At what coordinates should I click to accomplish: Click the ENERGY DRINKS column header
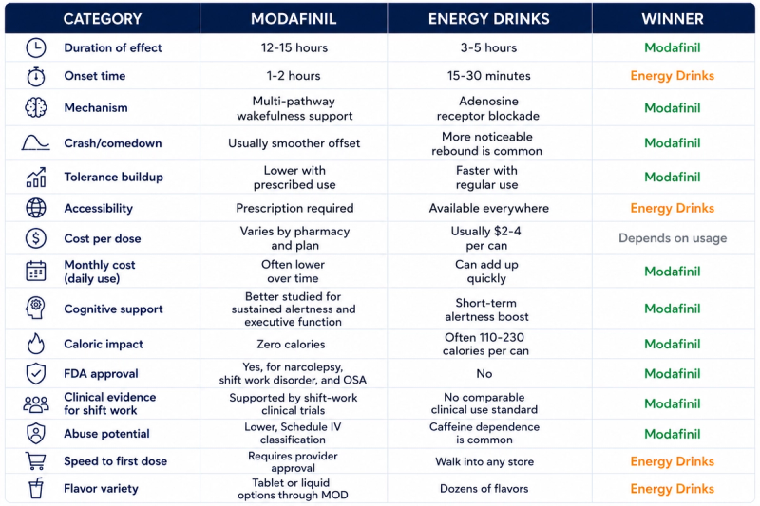[x=488, y=19]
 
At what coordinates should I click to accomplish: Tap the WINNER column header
[x=673, y=19]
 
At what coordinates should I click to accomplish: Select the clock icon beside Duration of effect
[x=36, y=47]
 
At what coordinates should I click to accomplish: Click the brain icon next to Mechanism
[x=36, y=107]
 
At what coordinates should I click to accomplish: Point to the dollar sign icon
[x=36, y=238]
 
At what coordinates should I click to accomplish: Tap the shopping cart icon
[x=36, y=461]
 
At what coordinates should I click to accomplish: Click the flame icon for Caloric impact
[x=36, y=344]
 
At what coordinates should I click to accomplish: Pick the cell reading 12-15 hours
[x=294, y=47]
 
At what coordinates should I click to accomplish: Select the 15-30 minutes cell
[x=488, y=76]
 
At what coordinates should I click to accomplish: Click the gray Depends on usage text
[x=673, y=237]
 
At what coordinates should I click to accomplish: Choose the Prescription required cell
[x=294, y=208]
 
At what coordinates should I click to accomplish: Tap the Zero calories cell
[x=291, y=344]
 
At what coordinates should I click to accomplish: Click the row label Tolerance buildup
[x=113, y=177]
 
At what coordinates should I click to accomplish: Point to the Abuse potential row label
[x=106, y=433]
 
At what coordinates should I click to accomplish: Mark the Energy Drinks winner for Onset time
[x=673, y=76]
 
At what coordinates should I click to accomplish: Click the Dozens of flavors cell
[x=484, y=489]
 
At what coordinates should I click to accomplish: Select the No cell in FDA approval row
[x=484, y=373]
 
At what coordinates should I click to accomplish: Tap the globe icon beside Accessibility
[x=36, y=208]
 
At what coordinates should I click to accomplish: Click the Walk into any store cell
[x=484, y=461]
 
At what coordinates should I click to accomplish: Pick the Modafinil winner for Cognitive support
[x=673, y=309]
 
